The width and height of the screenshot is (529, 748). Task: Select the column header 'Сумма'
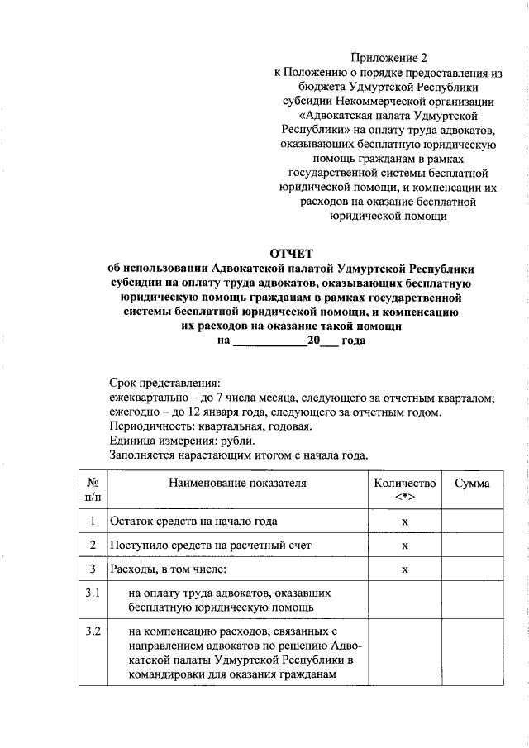[471, 484]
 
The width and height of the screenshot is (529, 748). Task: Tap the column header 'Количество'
[404, 484]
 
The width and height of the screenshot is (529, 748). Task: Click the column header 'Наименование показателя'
[237, 484]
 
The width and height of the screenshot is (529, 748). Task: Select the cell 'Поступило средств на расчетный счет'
[207, 546]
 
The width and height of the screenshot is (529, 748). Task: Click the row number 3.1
[93, 593]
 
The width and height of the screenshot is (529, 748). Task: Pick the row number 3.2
[93, 633]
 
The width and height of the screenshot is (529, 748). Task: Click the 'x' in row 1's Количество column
[404, 522]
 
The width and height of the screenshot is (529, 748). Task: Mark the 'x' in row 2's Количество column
[404, 547]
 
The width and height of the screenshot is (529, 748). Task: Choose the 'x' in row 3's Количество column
[404, 571]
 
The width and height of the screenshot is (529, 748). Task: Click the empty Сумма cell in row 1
[471, 522]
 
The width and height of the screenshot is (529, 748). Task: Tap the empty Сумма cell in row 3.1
[471, 600]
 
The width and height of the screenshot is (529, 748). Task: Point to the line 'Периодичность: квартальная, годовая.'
[210, 426]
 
